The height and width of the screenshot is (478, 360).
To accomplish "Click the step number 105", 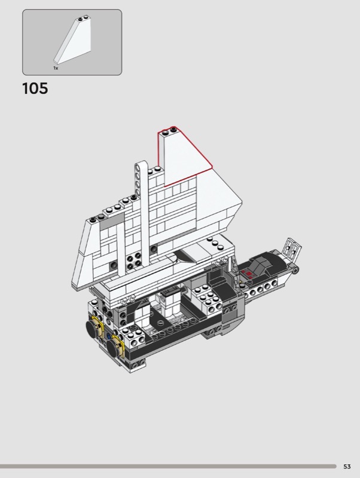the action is click(x=35, y=88).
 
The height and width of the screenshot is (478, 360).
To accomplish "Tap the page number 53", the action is click(x=347, y=467).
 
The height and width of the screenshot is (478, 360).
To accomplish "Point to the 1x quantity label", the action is click(x=56, y=68).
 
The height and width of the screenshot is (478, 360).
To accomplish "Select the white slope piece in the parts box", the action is click(x=72, y=39).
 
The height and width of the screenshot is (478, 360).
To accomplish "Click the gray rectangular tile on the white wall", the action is click(x=112, y=221).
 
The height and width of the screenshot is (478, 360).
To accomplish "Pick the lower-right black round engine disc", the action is click(x=114, y=347).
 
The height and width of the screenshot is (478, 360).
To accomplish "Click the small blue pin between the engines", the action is click(x=109, y=337).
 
